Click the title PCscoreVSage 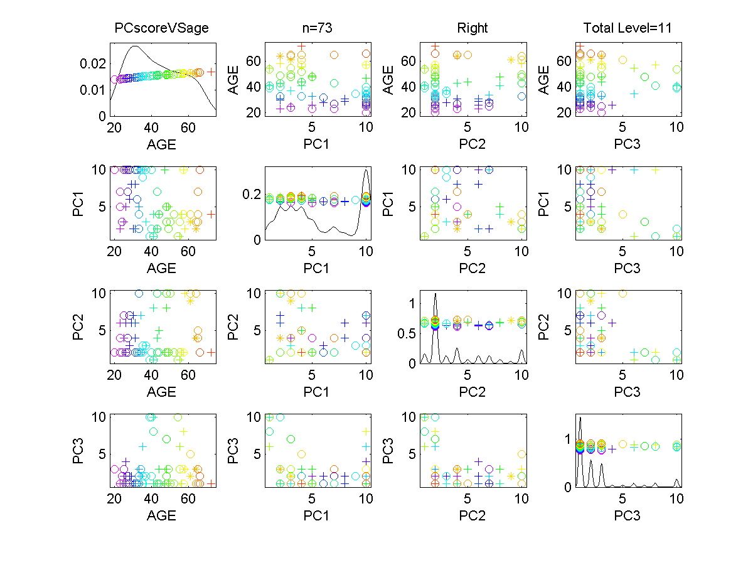tap(161, 28)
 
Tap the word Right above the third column tap(473, 28)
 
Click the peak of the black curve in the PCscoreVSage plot tap(135, 46)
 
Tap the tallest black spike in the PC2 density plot tap(435, 294)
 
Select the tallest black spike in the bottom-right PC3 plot tap(580, 417)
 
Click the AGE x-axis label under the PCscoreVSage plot tap(161, 145)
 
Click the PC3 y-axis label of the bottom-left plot tap(79, 451)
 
